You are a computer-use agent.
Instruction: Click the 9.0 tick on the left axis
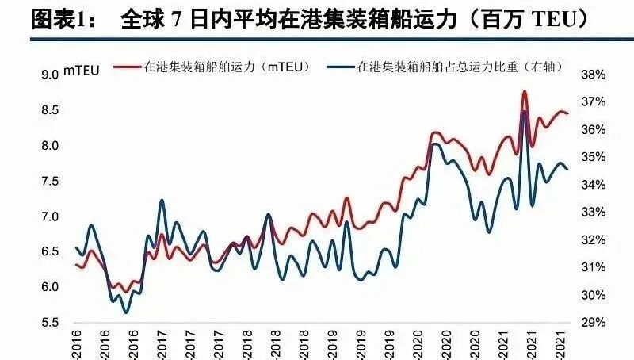coord(51,75)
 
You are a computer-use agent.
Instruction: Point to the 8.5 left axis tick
coord(51,110)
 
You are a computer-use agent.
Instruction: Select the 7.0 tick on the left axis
coord(51,216)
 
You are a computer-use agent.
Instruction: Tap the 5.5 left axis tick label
coord(51,323)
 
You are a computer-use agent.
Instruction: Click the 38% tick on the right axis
coord(594,75)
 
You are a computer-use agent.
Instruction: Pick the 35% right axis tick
coord(594,157)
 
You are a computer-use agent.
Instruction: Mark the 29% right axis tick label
coord(594,323)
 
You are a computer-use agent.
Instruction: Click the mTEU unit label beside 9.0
coord(82,75)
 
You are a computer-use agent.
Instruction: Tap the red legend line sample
coord(129,67)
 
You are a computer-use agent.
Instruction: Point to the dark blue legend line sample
coord(343,67)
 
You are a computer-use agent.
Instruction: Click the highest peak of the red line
coord(525,92)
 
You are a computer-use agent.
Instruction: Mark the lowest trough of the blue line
coord(126,312)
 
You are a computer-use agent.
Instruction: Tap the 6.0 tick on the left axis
coord(51,287)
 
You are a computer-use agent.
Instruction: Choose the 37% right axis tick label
coord(594,102)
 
